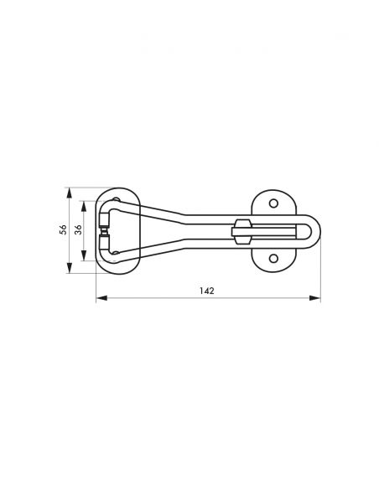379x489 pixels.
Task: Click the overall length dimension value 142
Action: click(x=207, y=291)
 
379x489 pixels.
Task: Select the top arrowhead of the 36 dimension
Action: click(x=85, y=203)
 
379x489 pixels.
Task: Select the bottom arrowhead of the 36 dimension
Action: click(x=85, y=258)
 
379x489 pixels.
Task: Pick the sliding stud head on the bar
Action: click(x=242, y=231)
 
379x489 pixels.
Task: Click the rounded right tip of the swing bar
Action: click(x=315, y=230)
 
